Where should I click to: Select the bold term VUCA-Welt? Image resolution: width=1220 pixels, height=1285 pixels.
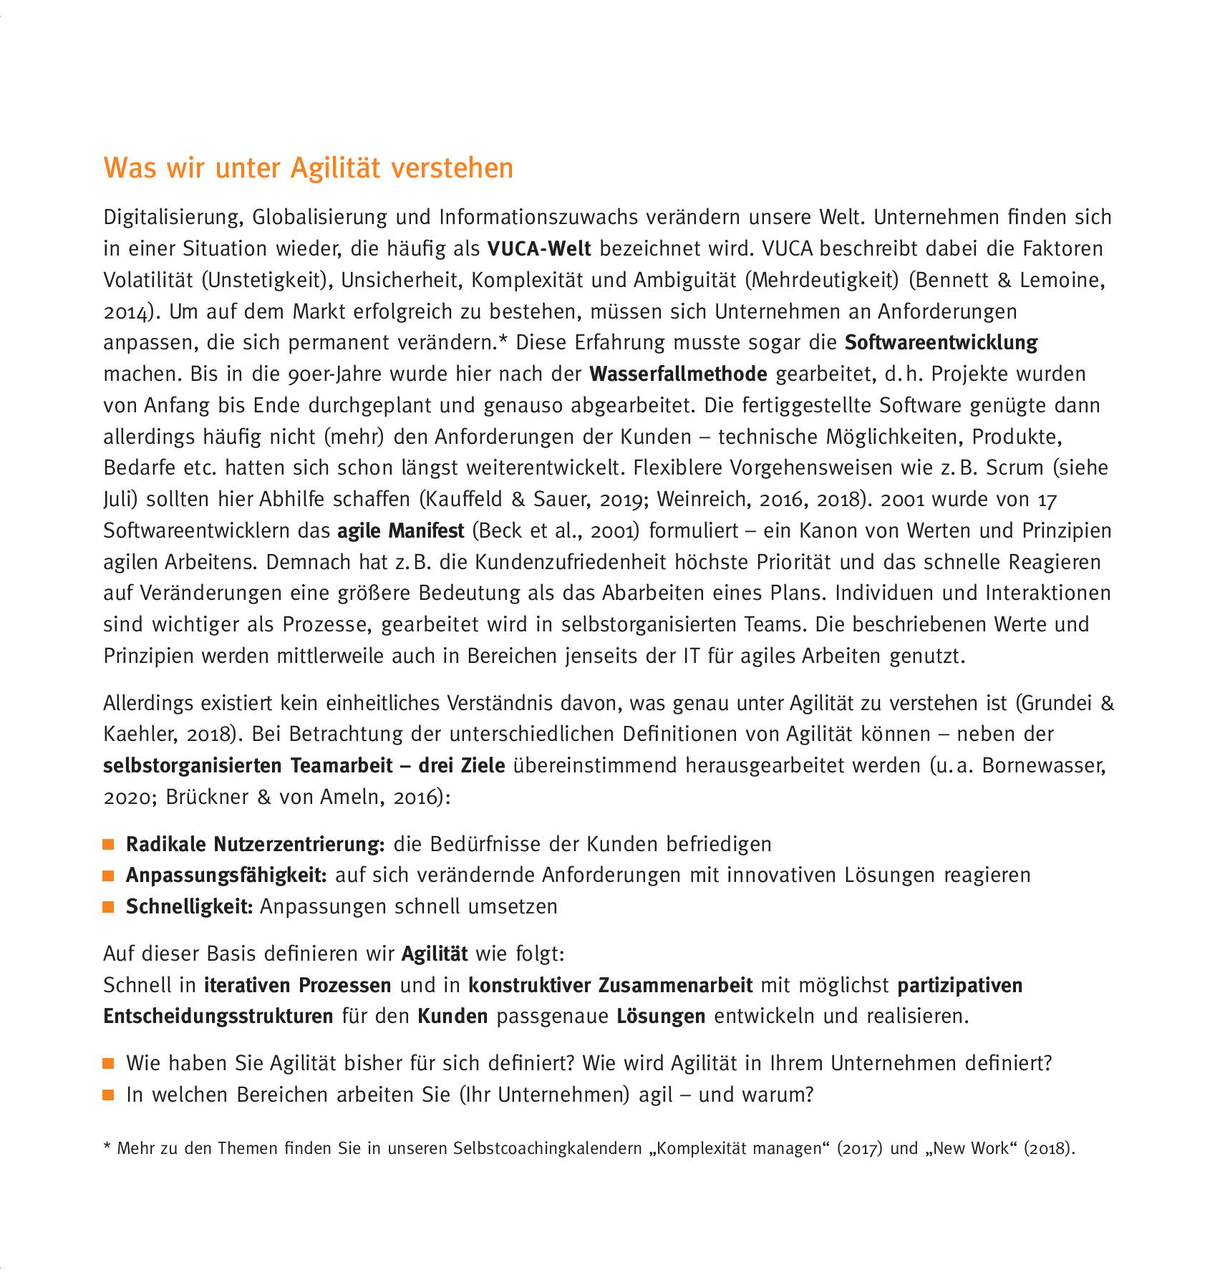pos(538,249)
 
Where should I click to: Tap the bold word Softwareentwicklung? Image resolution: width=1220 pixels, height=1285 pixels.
pos(941,343)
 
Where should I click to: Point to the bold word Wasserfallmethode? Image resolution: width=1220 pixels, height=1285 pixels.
pos(678,374)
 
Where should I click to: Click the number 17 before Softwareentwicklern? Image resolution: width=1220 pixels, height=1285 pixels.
pos(1046,500)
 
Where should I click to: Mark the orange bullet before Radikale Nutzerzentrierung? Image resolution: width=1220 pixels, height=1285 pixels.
pos(109,845)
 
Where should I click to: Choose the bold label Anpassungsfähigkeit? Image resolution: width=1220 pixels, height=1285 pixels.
pos(226,876)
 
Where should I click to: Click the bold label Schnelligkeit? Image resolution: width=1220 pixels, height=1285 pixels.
pos(190,907)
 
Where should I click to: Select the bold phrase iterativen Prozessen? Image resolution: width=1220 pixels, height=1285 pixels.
pos(297,986)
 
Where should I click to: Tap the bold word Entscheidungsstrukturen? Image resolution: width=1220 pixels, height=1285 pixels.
pos(218,1017)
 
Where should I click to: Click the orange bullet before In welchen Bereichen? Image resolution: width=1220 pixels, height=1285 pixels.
pos(109,1095)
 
